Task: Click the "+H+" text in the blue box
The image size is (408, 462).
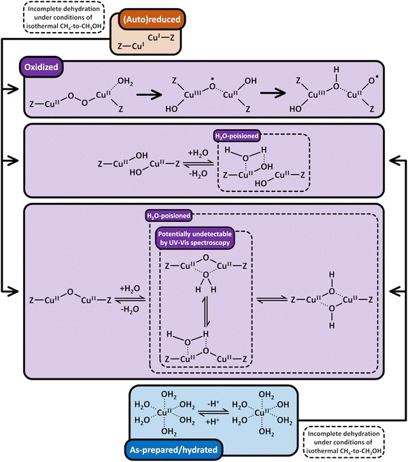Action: (215, 423)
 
